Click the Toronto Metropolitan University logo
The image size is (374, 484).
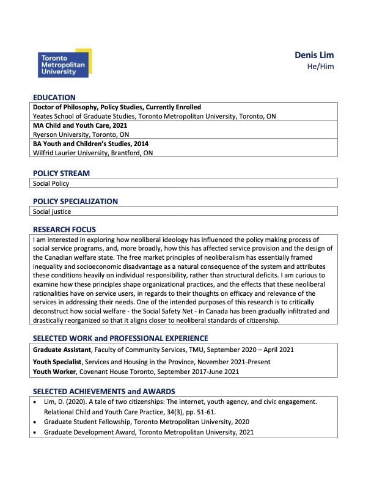coord(64,64)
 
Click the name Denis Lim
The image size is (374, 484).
coord(314,55)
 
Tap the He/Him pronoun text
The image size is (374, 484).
coord(320,67)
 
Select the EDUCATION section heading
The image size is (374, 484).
coord(54,97)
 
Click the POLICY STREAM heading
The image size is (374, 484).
coord(61,173)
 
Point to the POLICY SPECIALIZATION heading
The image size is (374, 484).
coord(75,201)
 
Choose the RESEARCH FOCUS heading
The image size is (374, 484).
coord(64,229)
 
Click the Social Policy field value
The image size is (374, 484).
coord(51,183)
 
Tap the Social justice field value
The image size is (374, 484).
coord(52,211)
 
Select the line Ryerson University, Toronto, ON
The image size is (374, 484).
coord(81,134)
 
